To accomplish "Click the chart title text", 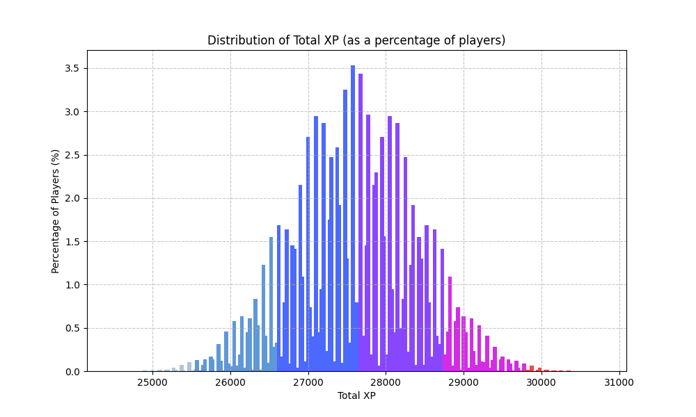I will coord(356,40).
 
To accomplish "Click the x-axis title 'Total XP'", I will coord(356,395).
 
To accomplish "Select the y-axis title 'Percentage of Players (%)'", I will coord(56,211).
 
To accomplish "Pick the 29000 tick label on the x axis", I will coord(464,382).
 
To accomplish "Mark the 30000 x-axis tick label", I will coord(541,382).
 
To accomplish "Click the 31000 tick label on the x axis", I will coord(619,382).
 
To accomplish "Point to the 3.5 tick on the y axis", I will coord(72,68).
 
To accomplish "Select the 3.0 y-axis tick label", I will coord(72,112).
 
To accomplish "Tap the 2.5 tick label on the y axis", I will coord(72,155).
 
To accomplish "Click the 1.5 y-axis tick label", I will coord(72,242).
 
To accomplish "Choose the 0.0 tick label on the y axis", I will coord(72,372).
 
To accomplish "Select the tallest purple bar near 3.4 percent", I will coord(361,222).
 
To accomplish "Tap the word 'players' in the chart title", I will coord(483,40).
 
